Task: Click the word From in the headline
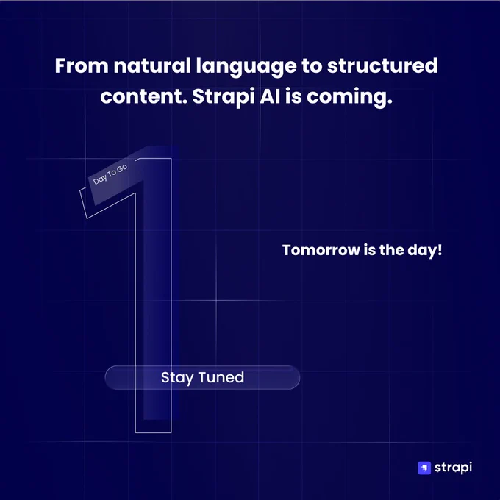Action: pyautogui.click(x=82, y=65)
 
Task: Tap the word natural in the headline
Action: pyautogui.click(x=152, y=65)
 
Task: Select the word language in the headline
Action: pyautogui.click(x=246, y=68)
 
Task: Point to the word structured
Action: pyautogui.click(x=382, y=65)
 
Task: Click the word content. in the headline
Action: pyautogui.click(x=144, y=96)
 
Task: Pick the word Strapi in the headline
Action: pyautogui.click(x=224, y=97)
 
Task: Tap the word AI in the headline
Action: pyautogui.click(x=270, y=96)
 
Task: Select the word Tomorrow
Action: pyautogui.click(x=321, y=250)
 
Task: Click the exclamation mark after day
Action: pyautogui.click(x=440, y=249)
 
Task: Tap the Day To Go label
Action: pyautogui.click(x=110, y=174)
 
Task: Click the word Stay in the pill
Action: pyautogui.click(x=177, y=378)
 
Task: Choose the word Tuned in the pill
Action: pyautogui.click(x=221, y=377)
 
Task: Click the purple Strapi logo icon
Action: pyautogui.click(x=424, y=468)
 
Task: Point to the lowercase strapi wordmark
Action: pyautogui.click(x=453, y=468)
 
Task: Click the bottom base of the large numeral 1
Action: pyautogui.click(x=154, y=432)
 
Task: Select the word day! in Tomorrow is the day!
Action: pyautogui.click(x=425, y=251)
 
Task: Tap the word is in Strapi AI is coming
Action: pyautogui.click(x=293, y=96)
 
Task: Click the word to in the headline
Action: pyautogui.click(x=312, y=66)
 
